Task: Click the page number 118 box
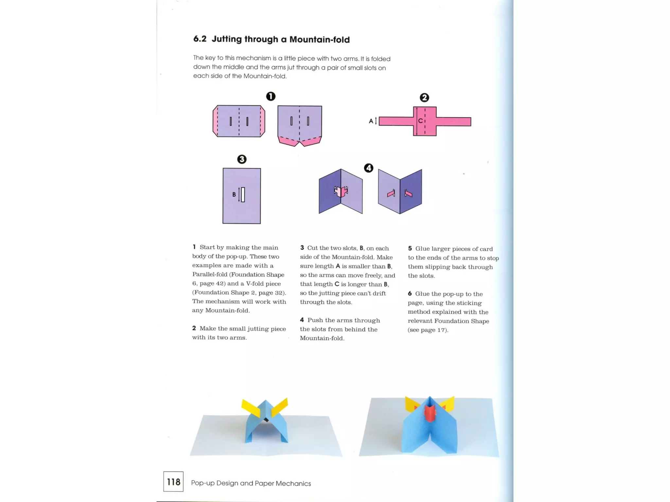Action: (x=173, y=481)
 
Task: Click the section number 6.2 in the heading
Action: (x=200, y=39)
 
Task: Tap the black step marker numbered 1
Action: (x=271, y=96)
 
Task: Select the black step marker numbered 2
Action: (x=424, y=97)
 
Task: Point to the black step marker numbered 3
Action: (x=242, y=159)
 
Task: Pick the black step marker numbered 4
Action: (x=368, y=168)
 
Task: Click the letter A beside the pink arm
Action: (x=371, y=121)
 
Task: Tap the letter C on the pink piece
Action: (x=420, y=121)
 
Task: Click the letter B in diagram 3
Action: (x=234, y=194)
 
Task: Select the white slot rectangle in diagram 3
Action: (x=243, y=194)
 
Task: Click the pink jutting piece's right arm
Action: (x=453, y=122)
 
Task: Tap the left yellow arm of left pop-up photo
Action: (x=250, y=407)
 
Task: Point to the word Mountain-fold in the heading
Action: (x=319, y=40)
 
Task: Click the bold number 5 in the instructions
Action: (x=410, y=248)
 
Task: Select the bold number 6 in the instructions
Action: (x=410, y=293)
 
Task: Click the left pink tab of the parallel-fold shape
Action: (x=215, y=121)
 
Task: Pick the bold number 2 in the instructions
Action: (x=194, y=328)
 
